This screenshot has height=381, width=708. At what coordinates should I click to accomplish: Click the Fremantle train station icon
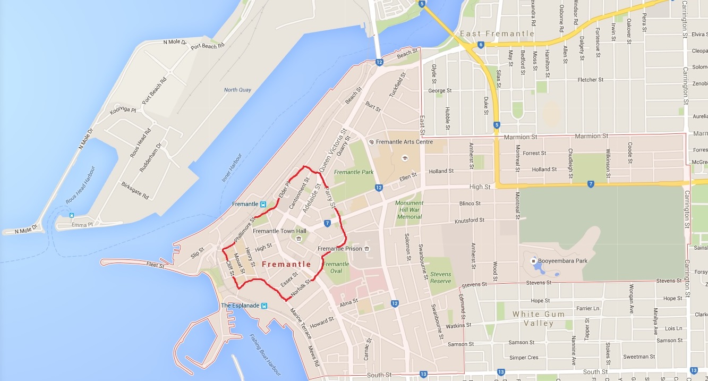263,204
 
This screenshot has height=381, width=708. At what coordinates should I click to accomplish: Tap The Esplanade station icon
264,306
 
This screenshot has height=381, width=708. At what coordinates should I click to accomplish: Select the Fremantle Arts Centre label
404,142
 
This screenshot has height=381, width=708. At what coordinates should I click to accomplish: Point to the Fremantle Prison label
339,249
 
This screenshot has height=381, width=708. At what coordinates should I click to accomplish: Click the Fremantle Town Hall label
279,231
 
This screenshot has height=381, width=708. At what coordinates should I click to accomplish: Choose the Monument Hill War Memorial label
409,210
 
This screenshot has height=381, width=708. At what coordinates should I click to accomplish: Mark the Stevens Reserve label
440,278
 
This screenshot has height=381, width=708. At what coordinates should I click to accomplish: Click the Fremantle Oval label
336,267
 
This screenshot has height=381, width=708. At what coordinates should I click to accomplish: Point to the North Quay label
237,90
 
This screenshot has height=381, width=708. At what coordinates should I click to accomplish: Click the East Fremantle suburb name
497,33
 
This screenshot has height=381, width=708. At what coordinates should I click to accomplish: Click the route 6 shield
480,45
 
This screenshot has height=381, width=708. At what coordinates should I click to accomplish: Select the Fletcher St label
591,80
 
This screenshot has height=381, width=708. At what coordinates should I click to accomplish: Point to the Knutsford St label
470,220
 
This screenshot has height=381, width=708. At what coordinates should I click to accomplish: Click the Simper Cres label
524,358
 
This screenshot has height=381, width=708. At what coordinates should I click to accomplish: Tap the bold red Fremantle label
287,264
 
